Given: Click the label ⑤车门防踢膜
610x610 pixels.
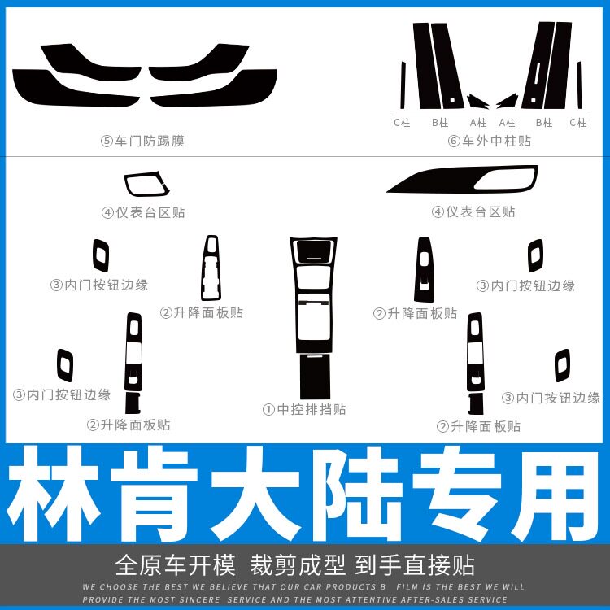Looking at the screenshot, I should tap(142, 141).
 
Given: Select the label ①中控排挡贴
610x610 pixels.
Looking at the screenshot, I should tap(304, 409).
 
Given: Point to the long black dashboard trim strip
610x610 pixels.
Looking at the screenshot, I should tap(461, 181).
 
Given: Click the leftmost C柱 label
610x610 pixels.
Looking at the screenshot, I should tap(402, 123).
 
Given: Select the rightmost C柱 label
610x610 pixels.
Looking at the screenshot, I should tap(577, 123).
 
